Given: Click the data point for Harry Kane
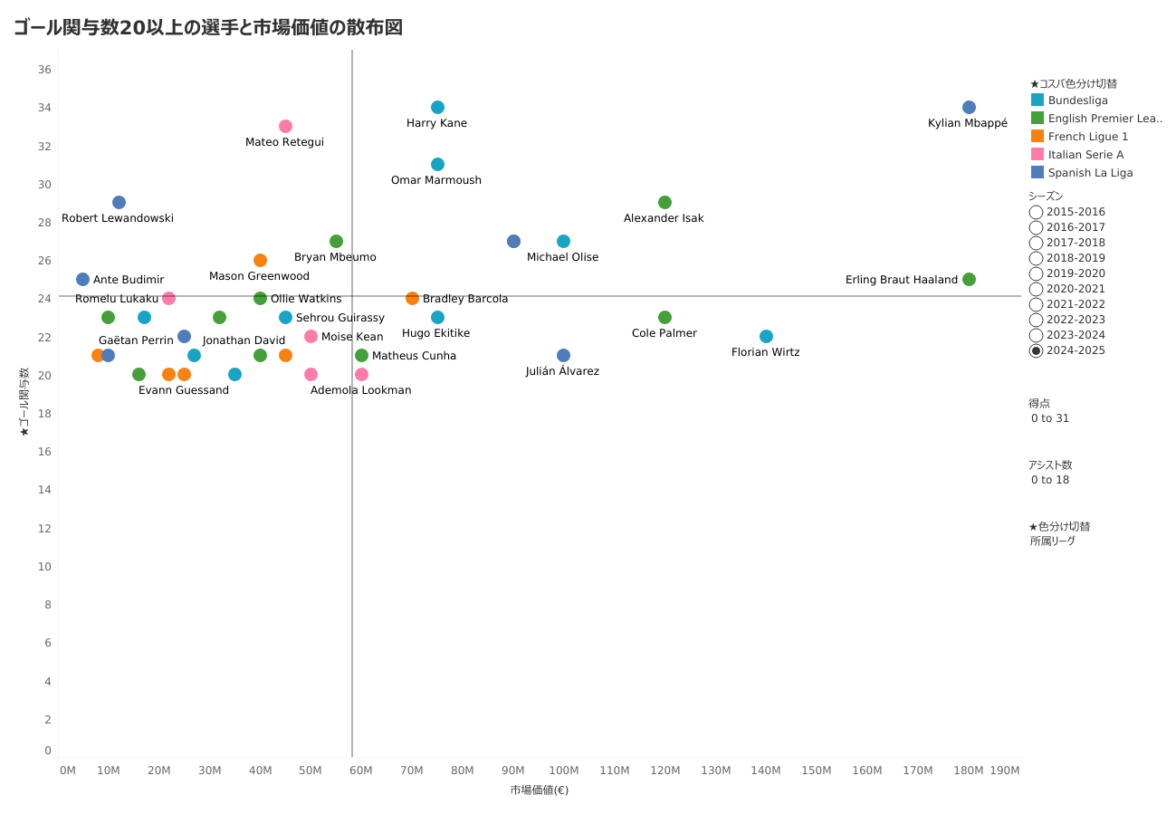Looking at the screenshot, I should point(437,107).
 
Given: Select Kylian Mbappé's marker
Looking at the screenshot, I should point(969,107).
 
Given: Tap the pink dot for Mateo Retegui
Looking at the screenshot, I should point(285,126).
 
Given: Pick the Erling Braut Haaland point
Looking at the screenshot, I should point(969,279).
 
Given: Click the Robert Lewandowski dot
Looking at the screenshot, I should point(119,202).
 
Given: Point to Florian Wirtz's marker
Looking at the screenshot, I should point(766,336).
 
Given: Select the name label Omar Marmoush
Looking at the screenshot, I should point(436,180).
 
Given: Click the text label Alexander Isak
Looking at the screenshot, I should point(664,218).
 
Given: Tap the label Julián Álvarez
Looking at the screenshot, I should point(562,371).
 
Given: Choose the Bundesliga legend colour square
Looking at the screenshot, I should point(1037,100).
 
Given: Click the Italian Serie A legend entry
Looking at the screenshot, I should point(1085,155).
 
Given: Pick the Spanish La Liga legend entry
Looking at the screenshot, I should point(1090,173).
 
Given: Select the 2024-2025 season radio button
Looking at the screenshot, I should point(1036,350).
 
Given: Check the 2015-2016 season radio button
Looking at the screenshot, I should point(1036,212).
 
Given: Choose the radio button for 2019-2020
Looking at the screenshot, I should point(1036,273).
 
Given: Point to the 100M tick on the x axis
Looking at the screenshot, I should point(563,771).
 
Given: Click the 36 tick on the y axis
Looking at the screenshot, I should point(44,70).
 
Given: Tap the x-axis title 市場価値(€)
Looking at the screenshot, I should point(539,790).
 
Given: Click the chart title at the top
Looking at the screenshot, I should point(208,27).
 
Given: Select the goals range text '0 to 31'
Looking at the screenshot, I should point(1050,418).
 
